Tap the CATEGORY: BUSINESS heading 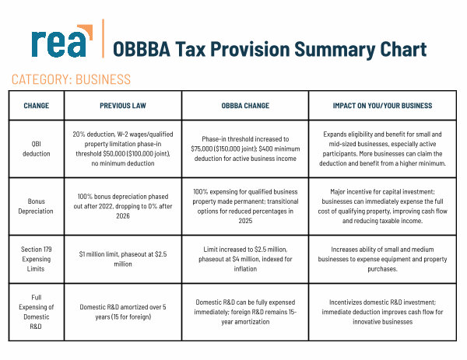[x=71, y=79]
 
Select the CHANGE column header [x=37, y=105]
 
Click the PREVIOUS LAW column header [x=123, y=105]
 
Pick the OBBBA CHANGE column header [x=245, y=105]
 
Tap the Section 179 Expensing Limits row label [x=37, y=258]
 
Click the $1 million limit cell [x=123, y=258]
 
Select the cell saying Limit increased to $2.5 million [x=245, y=258]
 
